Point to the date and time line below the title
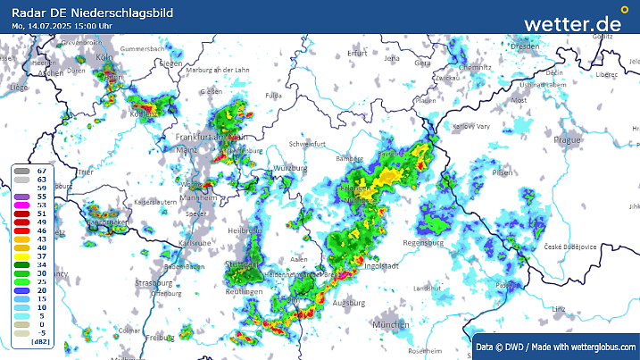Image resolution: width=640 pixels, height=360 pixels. pos(62,26)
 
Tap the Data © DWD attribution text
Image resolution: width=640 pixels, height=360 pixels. pos(555,347)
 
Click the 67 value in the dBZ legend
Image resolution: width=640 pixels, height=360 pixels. pos(41,170)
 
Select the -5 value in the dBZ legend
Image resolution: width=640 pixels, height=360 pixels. pos(41,332)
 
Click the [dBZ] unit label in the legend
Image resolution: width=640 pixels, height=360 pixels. pos(40,341)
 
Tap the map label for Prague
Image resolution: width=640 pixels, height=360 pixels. pos(568,140)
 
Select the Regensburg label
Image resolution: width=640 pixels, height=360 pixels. pos(423,243)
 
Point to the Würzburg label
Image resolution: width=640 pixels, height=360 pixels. pos(291,168)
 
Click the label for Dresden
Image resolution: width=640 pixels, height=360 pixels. pos(525,46)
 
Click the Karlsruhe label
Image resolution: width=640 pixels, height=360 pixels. pos(195,243)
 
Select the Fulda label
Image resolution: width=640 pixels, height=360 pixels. pos(274,94)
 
